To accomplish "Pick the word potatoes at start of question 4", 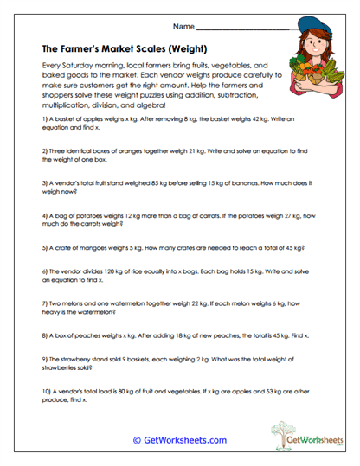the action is point(77,215).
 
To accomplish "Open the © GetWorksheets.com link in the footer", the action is point(179,439).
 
